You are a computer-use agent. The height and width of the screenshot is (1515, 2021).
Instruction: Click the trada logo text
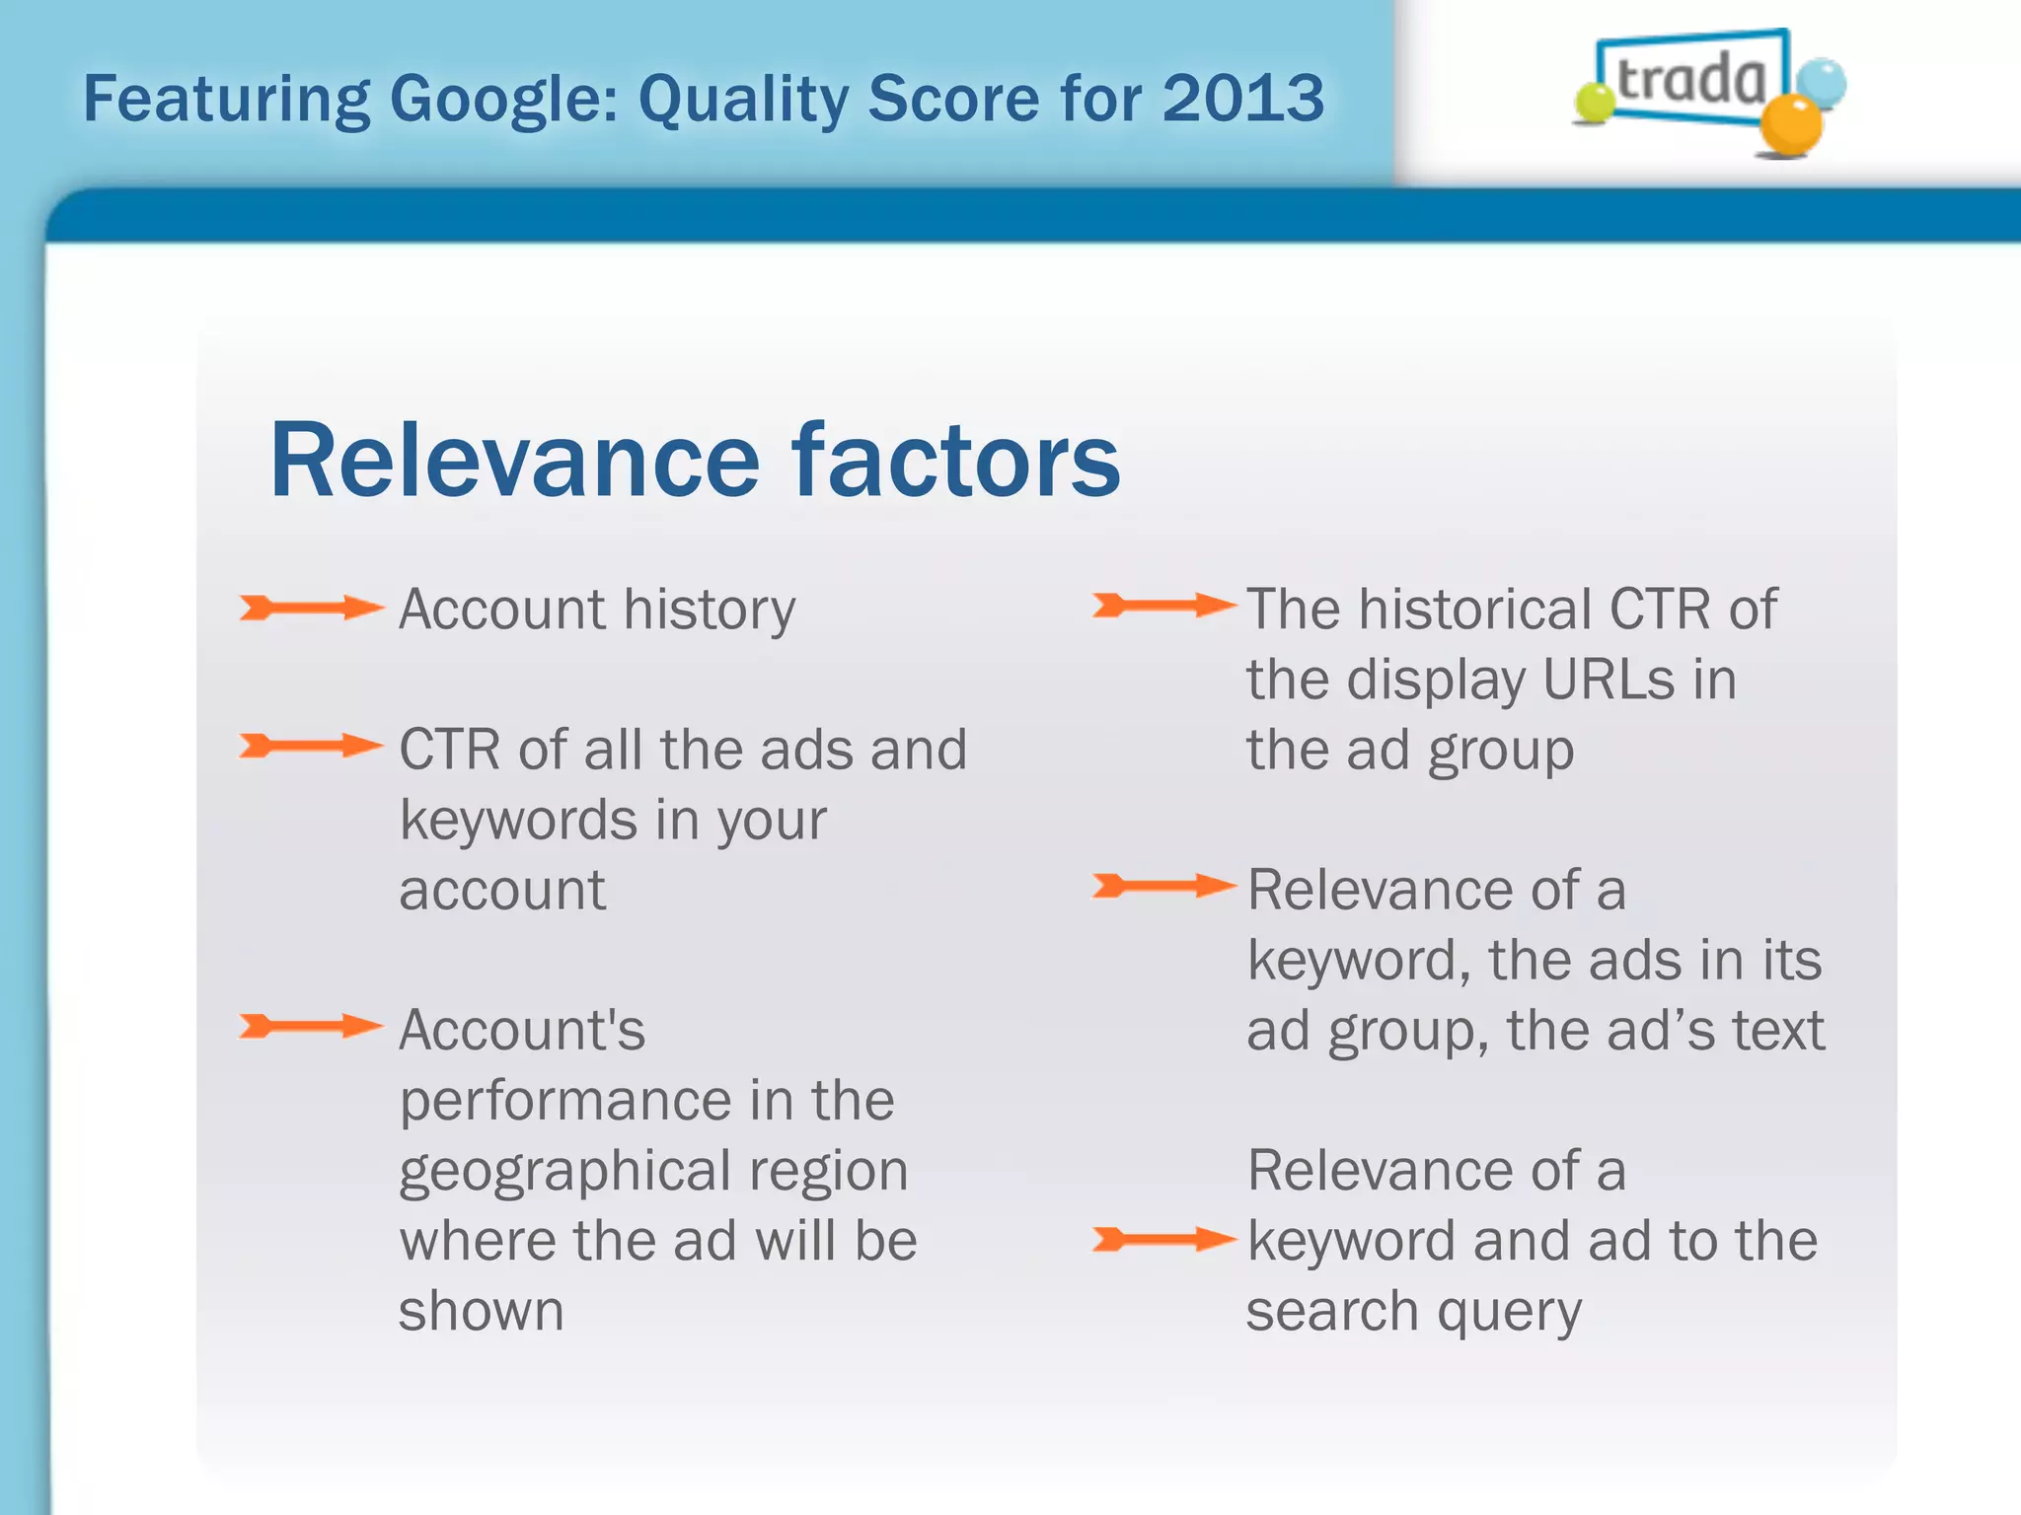(x=1690, y=79)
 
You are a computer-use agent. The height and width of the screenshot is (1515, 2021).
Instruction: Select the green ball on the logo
(x=1594, y=102)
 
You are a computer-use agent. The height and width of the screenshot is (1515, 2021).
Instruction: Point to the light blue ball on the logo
(x=1820, y=83)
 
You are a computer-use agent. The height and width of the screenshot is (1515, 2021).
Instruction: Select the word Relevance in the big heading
(x=514, y=461)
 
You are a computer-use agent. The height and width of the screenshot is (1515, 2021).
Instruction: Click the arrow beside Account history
(x=311, y=608)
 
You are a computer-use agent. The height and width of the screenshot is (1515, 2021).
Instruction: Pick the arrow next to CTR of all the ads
(x=311, y=746)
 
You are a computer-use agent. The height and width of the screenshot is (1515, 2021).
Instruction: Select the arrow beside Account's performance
(x=311, y=1027)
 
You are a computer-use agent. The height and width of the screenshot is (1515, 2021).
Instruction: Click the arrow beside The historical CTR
(x=1163, y=605)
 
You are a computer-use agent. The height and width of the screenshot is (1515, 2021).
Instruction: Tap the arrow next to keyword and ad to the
(x=1163, y=1239)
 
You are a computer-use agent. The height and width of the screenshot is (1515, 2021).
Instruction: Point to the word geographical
(x=564, y=1172)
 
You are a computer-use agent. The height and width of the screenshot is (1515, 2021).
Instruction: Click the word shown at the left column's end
(x=481, y=1312)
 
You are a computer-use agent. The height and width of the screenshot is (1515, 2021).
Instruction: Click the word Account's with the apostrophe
(x=522, y=1031)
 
